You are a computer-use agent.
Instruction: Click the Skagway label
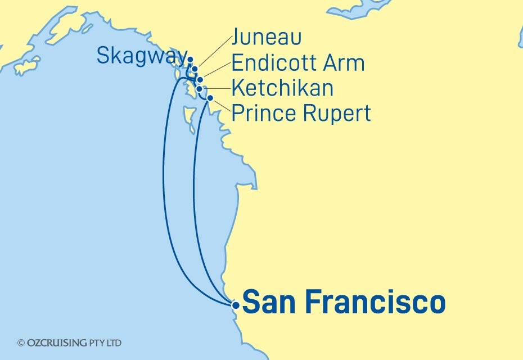pos(141,56)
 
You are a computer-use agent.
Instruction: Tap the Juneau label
pos(267,38)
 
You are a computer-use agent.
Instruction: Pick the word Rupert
pos(337,114)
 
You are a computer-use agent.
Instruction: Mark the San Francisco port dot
pos(236,305)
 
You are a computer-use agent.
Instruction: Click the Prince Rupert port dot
pos(210,98)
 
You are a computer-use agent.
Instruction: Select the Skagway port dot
pos(190,60)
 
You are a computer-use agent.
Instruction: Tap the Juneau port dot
pos(195,70)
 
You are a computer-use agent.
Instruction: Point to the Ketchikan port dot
pos(200,89)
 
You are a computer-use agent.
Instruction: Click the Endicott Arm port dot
pos(200,79)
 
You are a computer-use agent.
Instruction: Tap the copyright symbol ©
pos(21,343)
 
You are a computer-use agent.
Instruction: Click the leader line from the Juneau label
pos(214,53)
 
